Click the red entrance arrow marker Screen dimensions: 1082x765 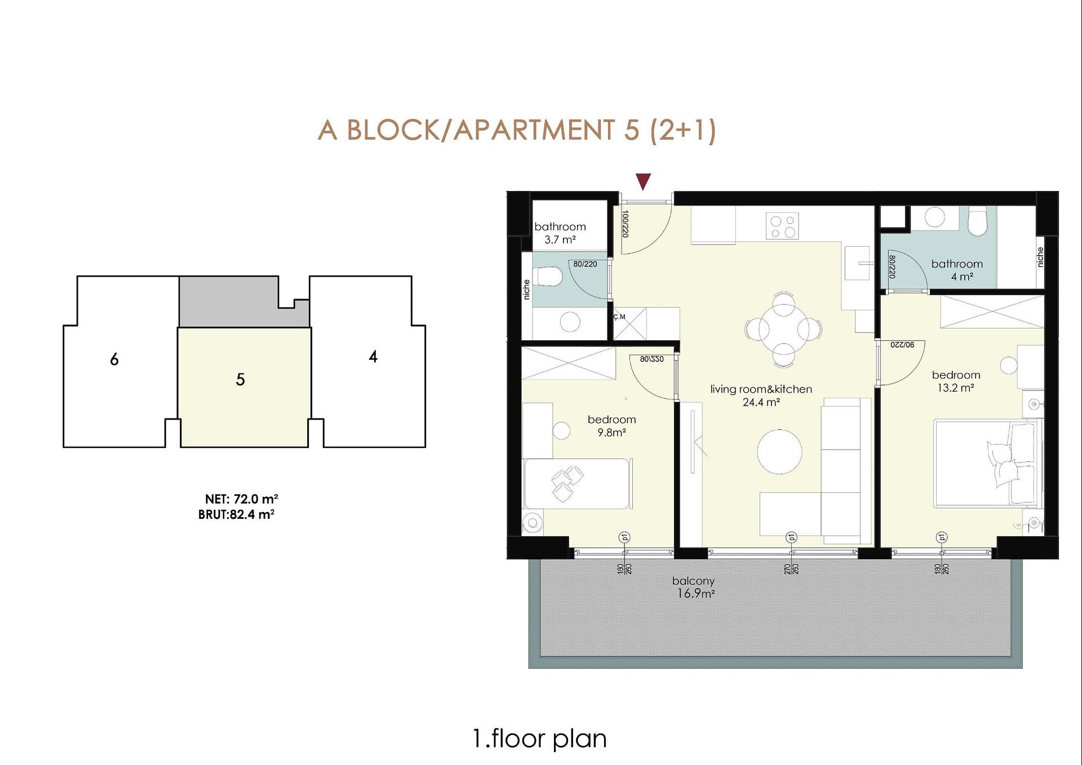(643, 181)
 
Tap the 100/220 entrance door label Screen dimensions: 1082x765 (625, 224)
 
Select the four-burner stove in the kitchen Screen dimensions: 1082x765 (782, 226)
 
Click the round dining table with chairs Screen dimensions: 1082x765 (783, 330)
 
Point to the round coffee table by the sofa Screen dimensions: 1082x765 (779, 451)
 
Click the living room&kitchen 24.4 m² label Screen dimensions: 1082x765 (761, 395)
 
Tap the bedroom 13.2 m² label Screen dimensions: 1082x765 (956, 381)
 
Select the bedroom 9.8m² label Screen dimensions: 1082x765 (611, 426)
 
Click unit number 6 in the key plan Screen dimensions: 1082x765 (114, 359)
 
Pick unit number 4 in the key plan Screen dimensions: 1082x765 (373, 357)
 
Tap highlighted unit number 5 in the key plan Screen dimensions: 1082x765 (240, 380)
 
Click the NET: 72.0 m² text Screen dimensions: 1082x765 (241, 499)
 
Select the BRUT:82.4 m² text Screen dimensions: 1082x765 (236, 514)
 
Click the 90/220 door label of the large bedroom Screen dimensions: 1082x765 (902, 344)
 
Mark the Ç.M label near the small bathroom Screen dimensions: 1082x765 (619, 317)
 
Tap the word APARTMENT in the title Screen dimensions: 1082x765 (534, 130)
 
